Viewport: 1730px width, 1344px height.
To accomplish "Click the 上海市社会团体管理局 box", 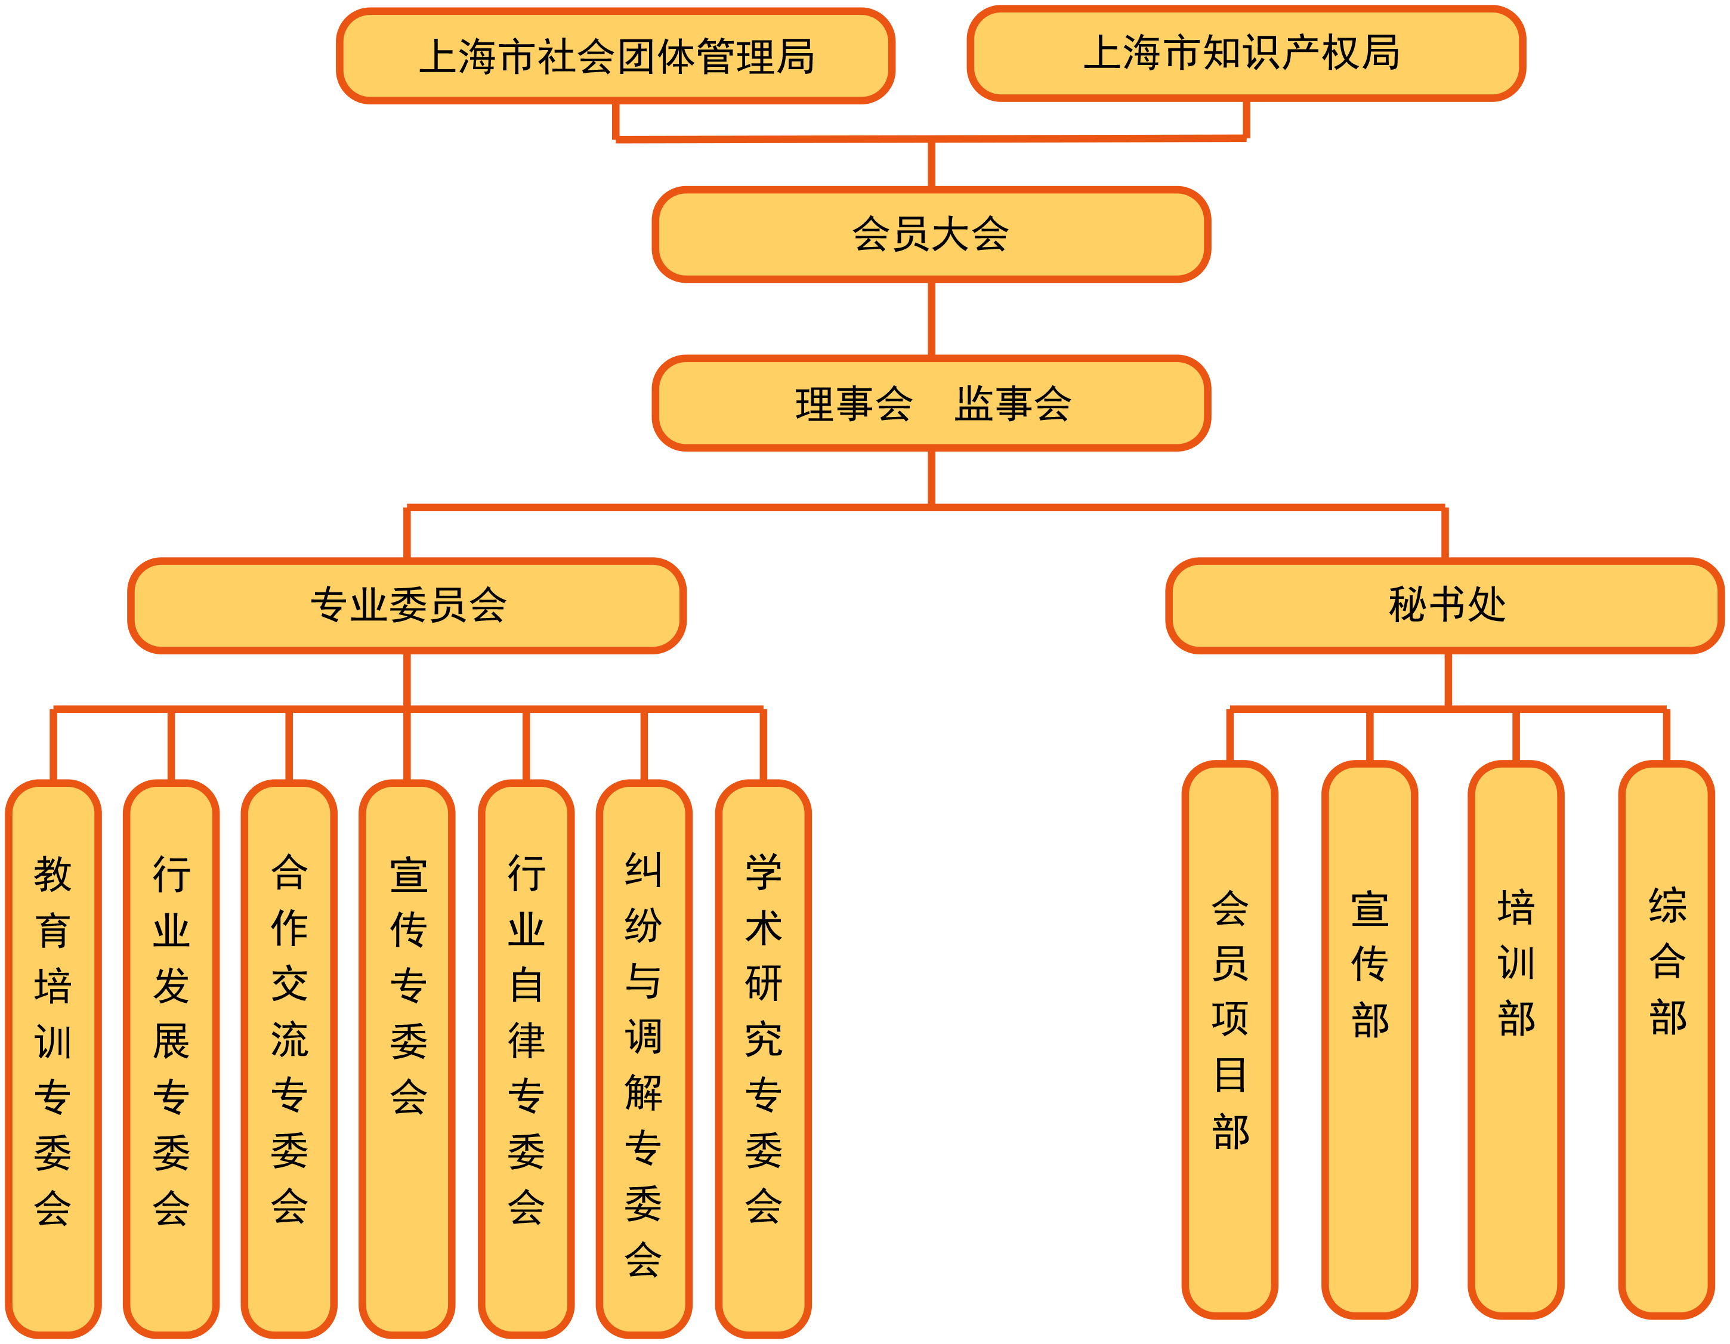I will tap(616, 56).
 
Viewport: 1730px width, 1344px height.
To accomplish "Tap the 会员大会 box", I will tap(931, 234).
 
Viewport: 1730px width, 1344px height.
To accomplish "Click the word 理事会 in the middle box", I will tap(854, 403).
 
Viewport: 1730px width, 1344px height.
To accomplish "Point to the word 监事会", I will tap(1012, 403).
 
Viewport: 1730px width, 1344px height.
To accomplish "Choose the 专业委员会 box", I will tap(407, 605).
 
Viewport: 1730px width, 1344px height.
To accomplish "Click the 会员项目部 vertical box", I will tap(1229, 1030).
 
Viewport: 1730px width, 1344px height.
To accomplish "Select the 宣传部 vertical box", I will tap(1370, 1030).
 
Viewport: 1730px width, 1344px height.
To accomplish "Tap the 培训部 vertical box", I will tap(1515, 1030).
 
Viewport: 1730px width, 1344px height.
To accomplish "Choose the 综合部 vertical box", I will tap(1667, 1030).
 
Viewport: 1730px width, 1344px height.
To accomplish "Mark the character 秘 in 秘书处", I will tap(1408, 605).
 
